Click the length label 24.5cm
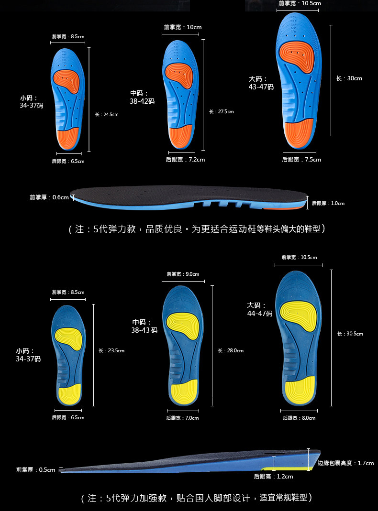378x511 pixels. click(x=106, y=114)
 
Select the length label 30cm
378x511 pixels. click(x=349, y=78)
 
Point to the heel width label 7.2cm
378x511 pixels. click(x=185, y=160)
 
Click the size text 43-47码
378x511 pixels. click(x=261, y=87)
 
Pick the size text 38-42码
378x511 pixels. click(x=142, y=101)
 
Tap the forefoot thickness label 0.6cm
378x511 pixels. click(x=49, y=197)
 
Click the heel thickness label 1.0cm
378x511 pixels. click(x=328, y=203)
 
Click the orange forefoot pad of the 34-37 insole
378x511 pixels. click(x=67, y=80)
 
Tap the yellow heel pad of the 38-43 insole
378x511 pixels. click(x=185, y=391)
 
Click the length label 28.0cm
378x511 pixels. click(x=231, y=351)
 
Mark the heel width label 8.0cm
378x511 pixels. click(x=299, y=418)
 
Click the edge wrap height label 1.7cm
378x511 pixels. click(x=345, y=463)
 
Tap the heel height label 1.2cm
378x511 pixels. click(x=273, y=477)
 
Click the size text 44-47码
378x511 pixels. click(x=259, y=314)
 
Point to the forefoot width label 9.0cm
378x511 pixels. click(x=183, y=274)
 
